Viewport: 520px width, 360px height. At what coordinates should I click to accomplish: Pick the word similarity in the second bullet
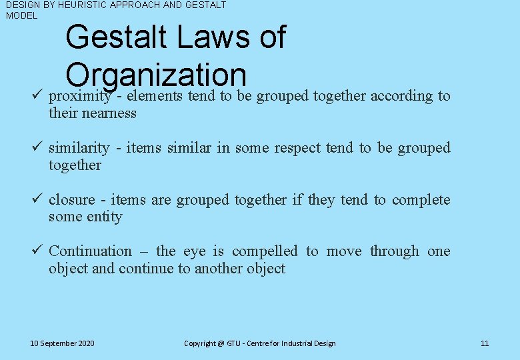coord(79,148)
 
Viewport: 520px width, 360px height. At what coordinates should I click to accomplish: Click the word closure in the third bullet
coord(71,200)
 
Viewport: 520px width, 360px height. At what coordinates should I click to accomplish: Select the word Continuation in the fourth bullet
coord(90,251)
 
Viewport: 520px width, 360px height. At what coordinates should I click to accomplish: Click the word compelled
coord(265,251)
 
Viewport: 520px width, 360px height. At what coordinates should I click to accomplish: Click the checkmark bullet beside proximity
coord(37,95)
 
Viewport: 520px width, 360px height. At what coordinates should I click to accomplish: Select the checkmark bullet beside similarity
coord(37,147)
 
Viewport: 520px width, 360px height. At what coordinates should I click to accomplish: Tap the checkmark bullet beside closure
coord(37,199)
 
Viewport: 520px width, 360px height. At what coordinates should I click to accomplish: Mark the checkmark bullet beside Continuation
coord(37,251)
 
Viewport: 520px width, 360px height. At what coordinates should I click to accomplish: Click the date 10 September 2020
coord(63,343)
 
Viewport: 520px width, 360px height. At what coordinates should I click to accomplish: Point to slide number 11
coord(485,343)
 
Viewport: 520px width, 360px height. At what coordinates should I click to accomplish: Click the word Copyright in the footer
coord(200,343)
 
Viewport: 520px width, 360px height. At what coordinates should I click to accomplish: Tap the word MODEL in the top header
coord(21,15)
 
